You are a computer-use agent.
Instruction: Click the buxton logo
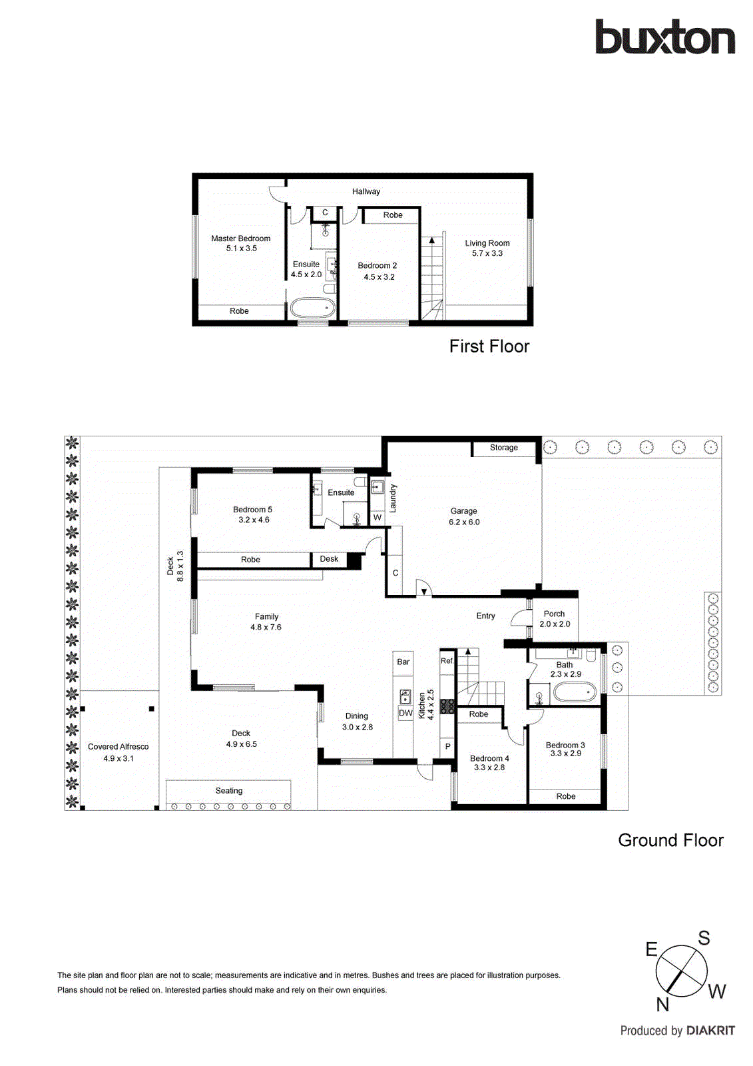click(x=664, y=37)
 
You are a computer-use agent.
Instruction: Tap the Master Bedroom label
click(x=240, y=239)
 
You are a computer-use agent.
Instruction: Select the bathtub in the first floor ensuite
click(x=312, y=308)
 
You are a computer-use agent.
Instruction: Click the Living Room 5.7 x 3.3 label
click(x=487, y=248)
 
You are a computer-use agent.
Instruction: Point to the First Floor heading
click(x=489, y=346)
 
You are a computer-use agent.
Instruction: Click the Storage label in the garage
click(x=503, y=448)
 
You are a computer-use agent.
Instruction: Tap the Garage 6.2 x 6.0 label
click(x=464, y=516)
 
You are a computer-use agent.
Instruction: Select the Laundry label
click(x=393, y=498)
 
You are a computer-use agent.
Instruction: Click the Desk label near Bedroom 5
click(x=329, y=559)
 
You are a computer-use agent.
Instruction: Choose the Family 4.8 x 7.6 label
click(x=266, y=622)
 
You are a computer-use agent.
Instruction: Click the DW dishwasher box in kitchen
click(x=405, y=713)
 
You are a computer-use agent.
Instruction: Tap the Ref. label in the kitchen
click(x=447, y=661)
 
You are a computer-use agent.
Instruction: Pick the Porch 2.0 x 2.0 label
click(x=555, y=619)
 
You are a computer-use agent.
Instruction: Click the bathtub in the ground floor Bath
click(x=575, y=692)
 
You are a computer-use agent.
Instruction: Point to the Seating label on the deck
click(x=228, y=791)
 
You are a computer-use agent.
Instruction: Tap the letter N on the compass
click(x=662, y=1005)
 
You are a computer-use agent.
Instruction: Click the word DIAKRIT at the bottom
click(x=710, y=1031)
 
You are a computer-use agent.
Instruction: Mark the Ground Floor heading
click(x=670, y=840)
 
